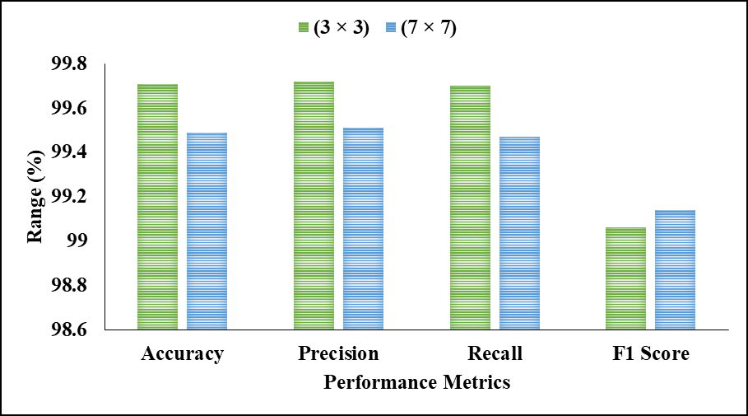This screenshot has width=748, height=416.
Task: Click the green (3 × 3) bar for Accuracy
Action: click(x=157, y=207)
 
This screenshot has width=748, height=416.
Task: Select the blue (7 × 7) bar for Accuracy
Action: click(x=207, y=231)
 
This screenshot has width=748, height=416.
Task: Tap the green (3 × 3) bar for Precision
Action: click(x=314, y=205)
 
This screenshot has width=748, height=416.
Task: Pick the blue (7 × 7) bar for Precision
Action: click(x=363, y=228)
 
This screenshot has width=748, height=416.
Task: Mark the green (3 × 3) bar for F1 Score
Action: click(x=626, y=278)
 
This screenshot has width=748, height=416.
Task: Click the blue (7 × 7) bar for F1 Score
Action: click(x=676, y=269)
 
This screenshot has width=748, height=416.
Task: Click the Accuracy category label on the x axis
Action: click(x=182, y=354)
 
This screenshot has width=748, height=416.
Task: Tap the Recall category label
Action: click(x=495, y=354)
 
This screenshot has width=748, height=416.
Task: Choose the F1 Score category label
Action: click(x=651, y=354)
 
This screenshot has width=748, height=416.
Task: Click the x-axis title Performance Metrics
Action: click(x=416, y=383)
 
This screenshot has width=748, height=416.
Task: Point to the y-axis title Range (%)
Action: click(x=35, y=197)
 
